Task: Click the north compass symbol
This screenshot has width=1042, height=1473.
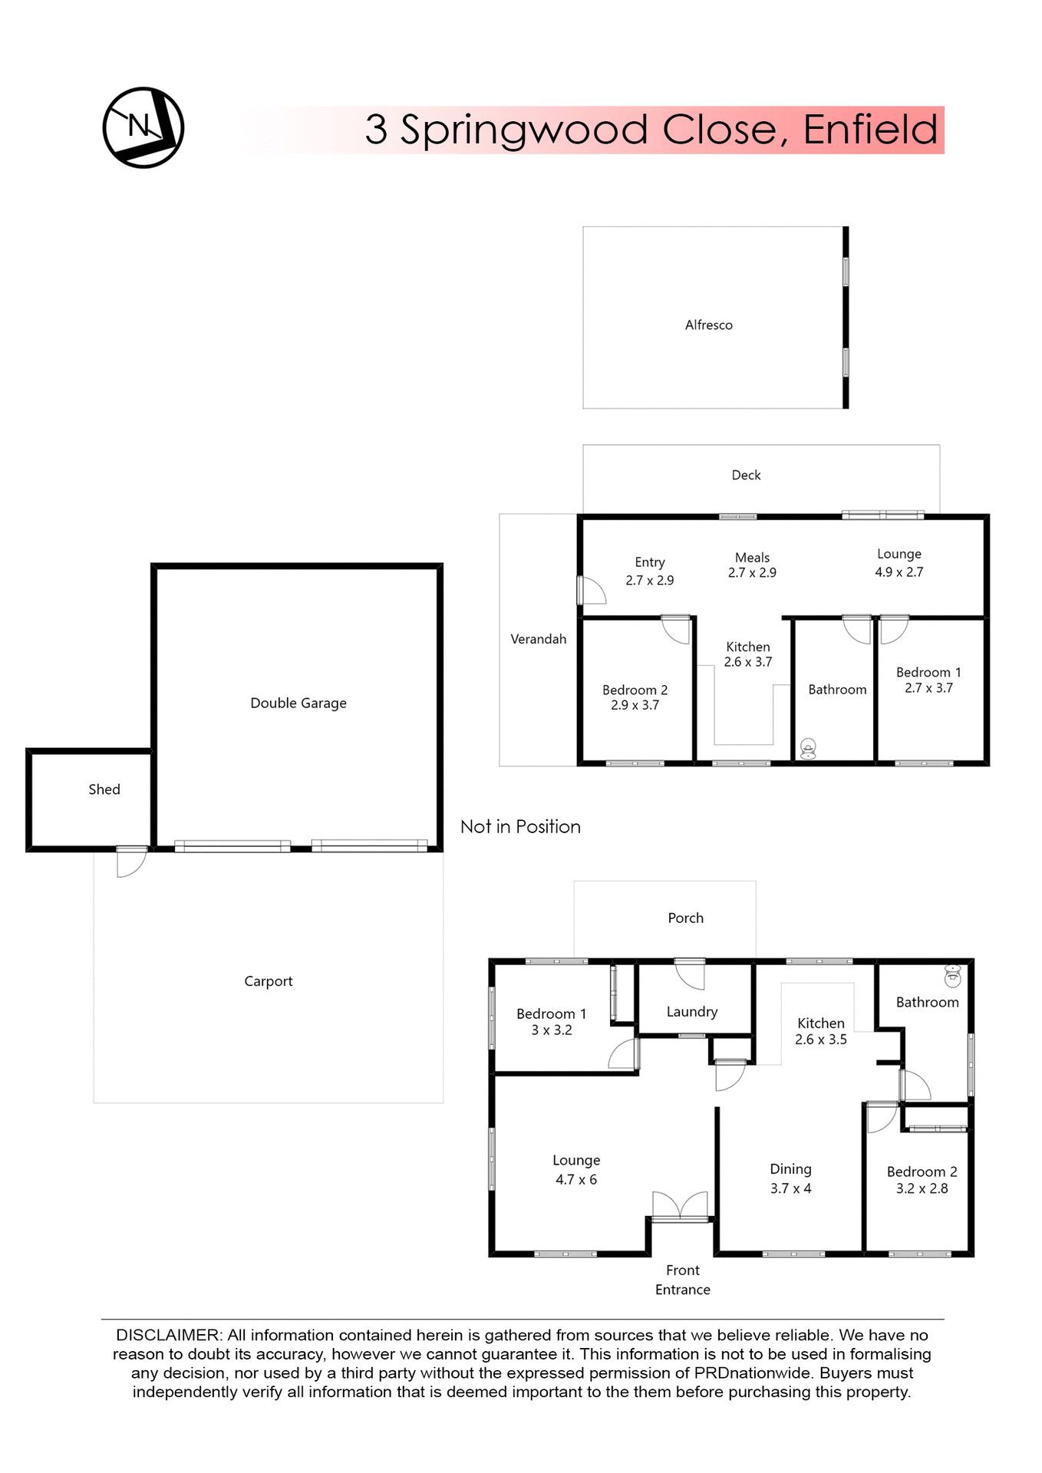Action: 143,127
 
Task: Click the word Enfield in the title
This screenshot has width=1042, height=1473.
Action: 870,130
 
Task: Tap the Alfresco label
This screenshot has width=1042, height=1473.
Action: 708,325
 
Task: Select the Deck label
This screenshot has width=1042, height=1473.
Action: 746,476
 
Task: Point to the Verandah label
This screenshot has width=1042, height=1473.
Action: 538,639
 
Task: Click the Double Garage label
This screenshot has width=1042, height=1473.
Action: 298,704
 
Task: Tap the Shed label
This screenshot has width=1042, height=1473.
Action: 104,789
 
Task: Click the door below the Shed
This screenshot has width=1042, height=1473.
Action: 131,862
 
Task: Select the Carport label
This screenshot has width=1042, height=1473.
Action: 268,981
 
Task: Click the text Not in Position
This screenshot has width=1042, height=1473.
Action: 520,827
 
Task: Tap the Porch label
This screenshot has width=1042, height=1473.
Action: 685,918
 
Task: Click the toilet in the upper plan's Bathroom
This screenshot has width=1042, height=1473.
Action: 808,748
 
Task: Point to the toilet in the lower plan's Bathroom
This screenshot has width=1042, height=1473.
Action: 952,975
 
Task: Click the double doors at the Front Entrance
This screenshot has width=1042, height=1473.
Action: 680,1205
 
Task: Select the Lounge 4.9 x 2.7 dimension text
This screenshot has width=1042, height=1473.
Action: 899,572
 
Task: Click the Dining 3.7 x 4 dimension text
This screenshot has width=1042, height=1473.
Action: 790,1188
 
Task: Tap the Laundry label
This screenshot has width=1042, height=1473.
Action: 691,1012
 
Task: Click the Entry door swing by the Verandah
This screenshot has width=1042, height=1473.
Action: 592,591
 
